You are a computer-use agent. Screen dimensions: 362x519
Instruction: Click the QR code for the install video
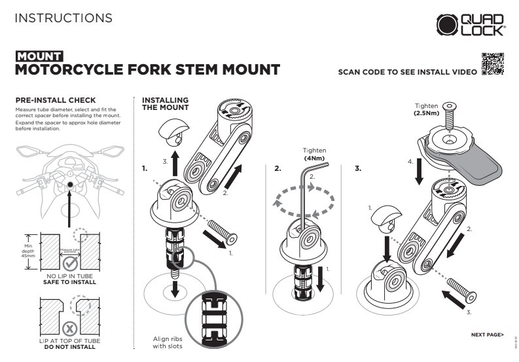(x=493, y=65)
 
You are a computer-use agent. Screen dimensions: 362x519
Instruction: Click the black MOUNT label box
(x=39, y=56)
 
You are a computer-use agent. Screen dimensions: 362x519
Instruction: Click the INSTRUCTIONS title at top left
(x=63, y=18)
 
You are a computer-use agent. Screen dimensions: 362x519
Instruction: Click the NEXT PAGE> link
(x=488, y=335)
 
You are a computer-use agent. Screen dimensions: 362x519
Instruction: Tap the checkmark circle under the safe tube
(x=70, y=263)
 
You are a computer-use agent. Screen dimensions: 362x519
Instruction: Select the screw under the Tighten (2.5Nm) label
(x=449, y=118)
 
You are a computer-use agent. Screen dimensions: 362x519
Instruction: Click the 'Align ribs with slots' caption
(x=168, y=342)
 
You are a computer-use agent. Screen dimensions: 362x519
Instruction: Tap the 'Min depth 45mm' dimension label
(x=28, y=249)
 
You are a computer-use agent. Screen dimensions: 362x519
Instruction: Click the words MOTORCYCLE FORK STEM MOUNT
(x=147, y=69)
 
